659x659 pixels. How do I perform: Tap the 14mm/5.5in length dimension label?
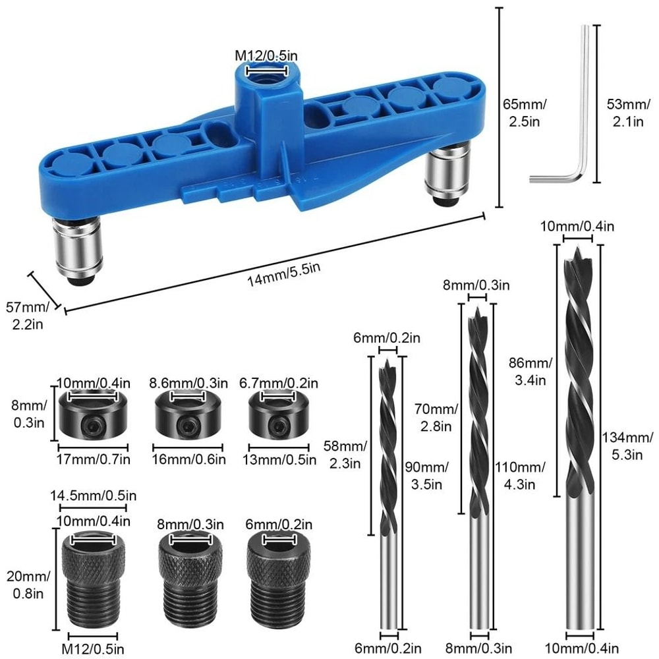click(x=283, y=275)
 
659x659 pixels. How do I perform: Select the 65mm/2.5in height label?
click(x=525, y=113)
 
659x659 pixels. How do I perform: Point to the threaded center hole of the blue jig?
click(x=266, y=77)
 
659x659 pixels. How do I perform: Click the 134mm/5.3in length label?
click(x=627, y=445)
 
